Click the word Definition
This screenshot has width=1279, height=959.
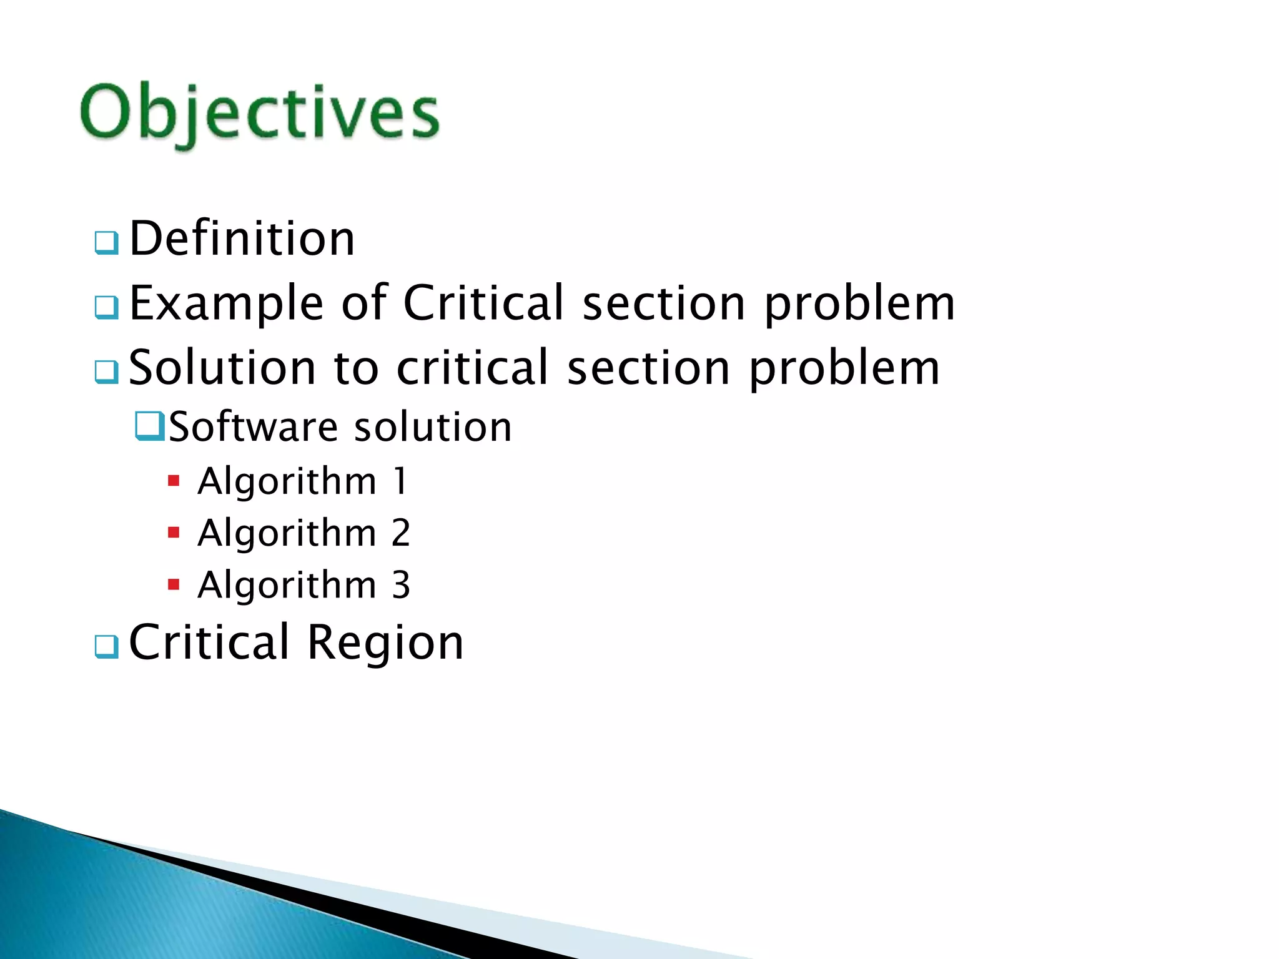click(x=242, y=239)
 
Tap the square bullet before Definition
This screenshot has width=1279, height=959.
click(x=107, y=243)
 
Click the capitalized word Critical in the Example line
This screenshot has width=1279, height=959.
click(x=484, y=303)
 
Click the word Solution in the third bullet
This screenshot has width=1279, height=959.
click(x=222, y=368)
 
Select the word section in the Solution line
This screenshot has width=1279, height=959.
click(x=648, y=368)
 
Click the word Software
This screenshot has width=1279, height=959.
click(x=253, y=427)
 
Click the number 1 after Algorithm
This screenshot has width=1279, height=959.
click(x=400, y=481)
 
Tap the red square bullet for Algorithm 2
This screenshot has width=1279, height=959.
click(x=174, y=533)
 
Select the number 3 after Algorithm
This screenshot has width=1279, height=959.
click(x=401, y=585)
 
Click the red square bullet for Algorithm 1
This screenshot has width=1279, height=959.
click(x=174, y=481)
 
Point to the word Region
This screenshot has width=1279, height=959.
click(x=385, y=642)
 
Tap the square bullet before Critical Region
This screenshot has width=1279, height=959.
click(x=107, y=646)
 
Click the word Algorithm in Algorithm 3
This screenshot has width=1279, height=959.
click(x=287, y=585)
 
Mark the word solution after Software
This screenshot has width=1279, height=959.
click(x=433, y=427)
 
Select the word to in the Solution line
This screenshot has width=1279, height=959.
click(x=356, y=368)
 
